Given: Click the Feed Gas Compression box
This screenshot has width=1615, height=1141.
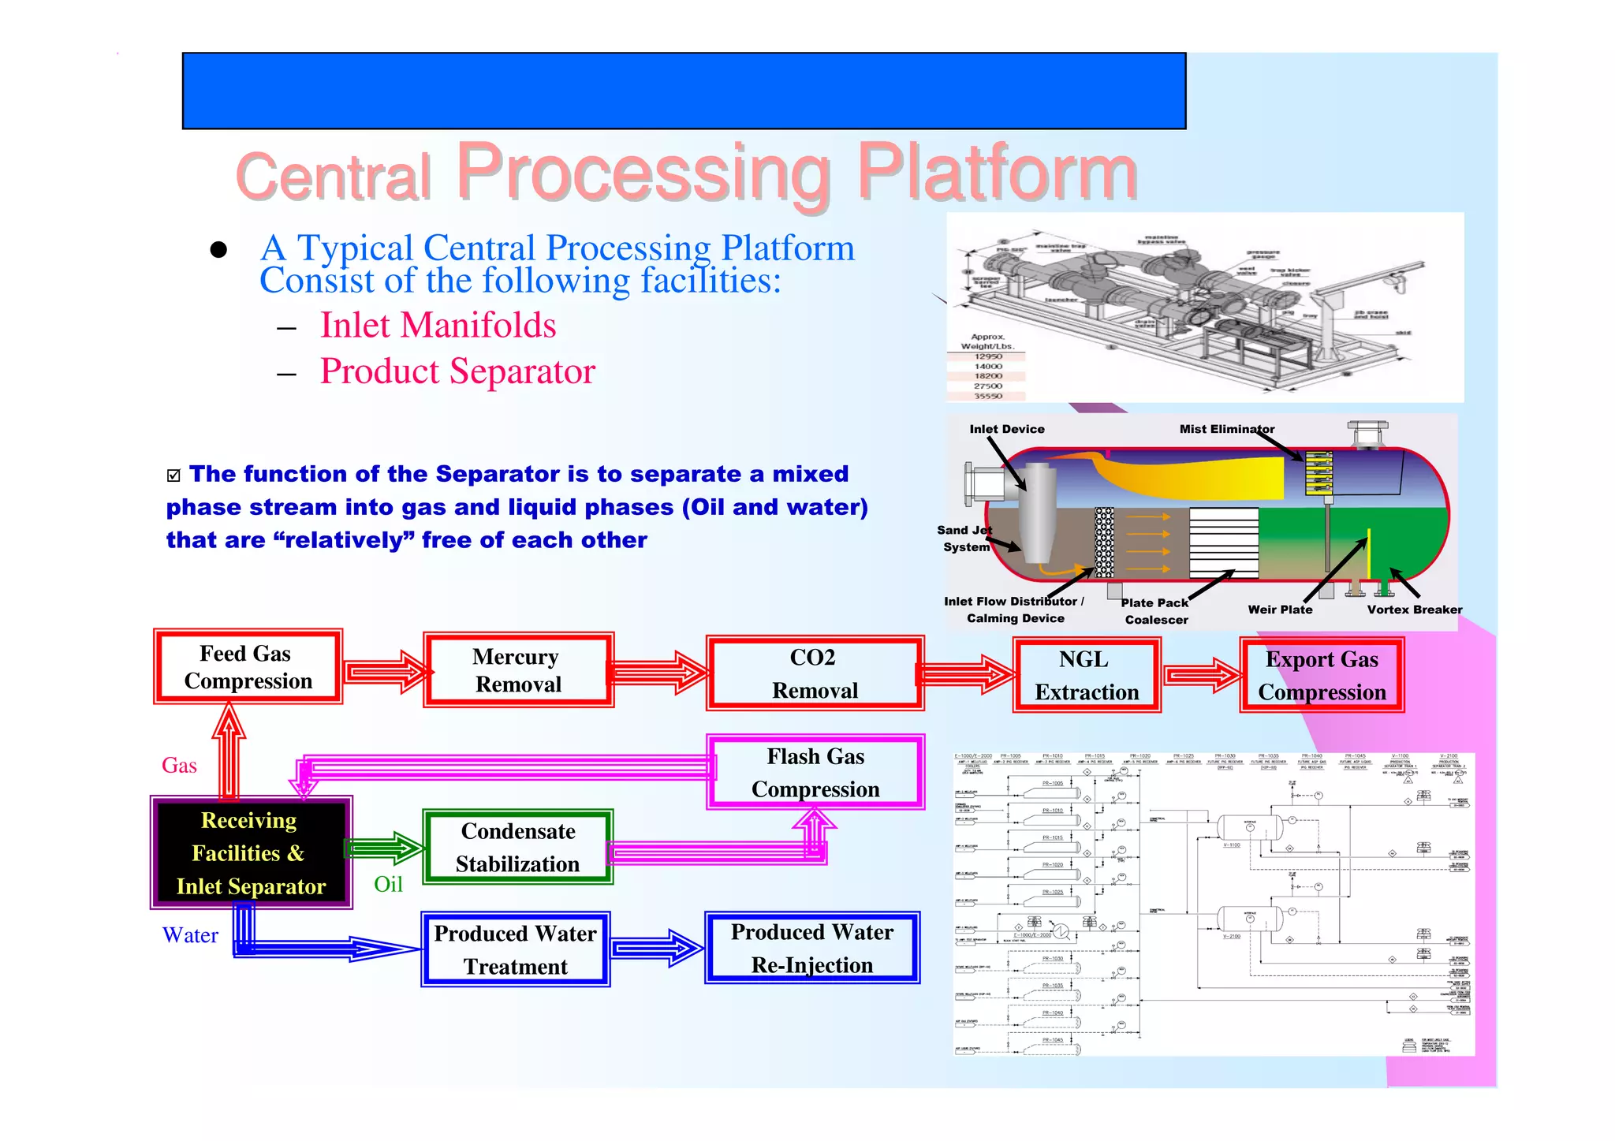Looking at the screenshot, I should pyautogui.click(x=248, y=667).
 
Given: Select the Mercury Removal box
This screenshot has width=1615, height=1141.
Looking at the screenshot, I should pyautogui.click(x=518, y=670).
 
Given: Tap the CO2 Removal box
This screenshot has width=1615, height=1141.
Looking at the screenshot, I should pyautogui.click(x=815, y=673).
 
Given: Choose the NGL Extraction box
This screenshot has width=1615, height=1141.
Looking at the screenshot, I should pyautogui.click(x=1086, y=676).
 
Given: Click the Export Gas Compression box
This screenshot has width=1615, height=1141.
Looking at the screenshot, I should pyautogui.click(x=1322, y=676).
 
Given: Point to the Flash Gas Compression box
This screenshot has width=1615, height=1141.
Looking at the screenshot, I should pyautogui.click(x=815, y=773).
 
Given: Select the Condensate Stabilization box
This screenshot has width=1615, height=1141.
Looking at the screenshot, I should pyautogui.click(x=518, y=848).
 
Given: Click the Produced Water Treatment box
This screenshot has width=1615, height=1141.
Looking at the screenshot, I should pyautogui.click(x=515, y=949).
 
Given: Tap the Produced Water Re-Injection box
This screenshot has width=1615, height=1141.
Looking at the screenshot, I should pyautogui.click(x=812, y=948).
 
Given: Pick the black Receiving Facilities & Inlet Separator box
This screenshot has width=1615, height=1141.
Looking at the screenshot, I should pyautogui.click(x=251, y=853).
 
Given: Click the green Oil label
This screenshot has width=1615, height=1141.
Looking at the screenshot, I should pyautogui.click(x=388, y=884).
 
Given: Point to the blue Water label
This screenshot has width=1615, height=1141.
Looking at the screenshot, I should pyautogui.click(x=190, y=935).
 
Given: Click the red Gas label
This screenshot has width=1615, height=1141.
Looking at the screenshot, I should pyautogui.click(x=179, y=765).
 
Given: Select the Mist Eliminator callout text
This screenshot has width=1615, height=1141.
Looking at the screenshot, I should pyautogui.click(x=1226, y=429).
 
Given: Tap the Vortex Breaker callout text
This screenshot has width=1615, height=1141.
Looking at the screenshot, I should pyautogui.click(x=1414, y=610).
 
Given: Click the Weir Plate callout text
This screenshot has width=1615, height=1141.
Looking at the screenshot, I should pyautogui.click(x=1280, y=610).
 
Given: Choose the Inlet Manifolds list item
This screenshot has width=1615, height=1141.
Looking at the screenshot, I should pyautogui.click(x=438, y=325).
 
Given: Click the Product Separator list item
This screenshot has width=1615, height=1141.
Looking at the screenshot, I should pyautogui.click(x=457, y=371).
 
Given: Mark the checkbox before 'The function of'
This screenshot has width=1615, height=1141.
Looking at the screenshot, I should pyautogui.click(x=173, y=475).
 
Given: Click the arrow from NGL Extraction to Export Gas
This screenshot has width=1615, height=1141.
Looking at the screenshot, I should pyautogui.click(x=1202, y=675).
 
